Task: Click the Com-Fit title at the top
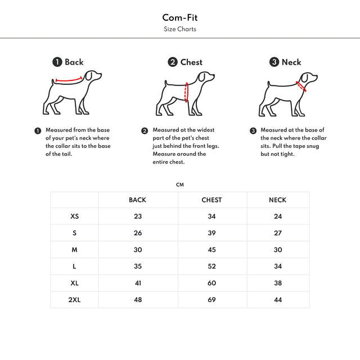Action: point(179,17)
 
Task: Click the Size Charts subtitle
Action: point(179,29)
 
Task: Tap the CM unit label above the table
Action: point(180,184)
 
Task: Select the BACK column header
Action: point(137,200)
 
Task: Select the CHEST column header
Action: point(211,200)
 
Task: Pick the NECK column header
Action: point(277,200)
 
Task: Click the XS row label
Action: point(75,216)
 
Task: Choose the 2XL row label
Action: point(75,300)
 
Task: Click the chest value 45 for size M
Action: point(211,250)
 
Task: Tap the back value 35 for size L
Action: point(138,267)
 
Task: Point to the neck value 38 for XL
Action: point(277,283)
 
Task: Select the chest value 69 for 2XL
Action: point(211,300)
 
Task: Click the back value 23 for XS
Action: point(138,216)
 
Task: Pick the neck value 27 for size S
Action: point(277,233)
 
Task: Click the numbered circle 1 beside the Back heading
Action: point(57,62)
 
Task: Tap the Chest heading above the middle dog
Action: point(191,62)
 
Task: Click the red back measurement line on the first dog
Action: point(69,80)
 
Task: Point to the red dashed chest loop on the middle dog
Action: point(187,92)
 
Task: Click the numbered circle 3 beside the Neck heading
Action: point(274,62)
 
